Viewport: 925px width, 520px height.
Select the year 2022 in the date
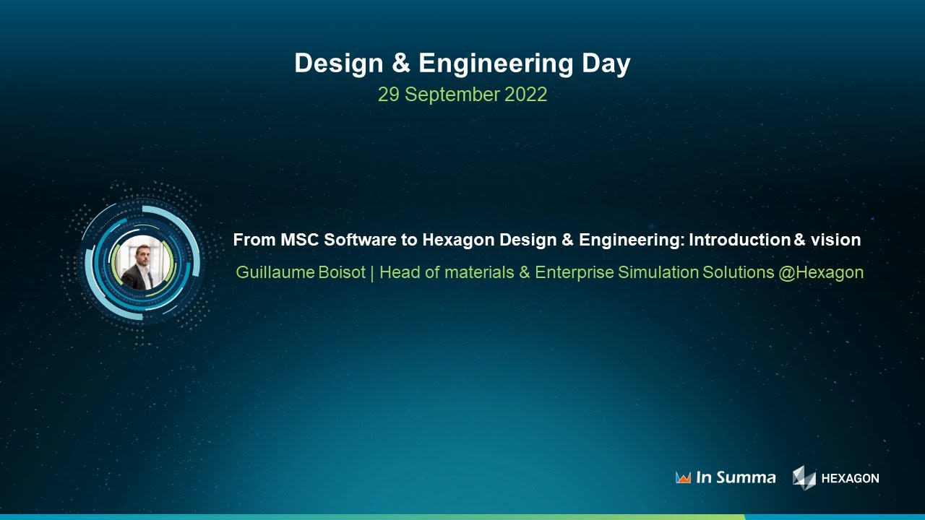point(525,95)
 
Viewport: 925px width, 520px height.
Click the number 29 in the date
point(389,95)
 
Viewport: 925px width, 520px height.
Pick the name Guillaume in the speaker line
point(275,273)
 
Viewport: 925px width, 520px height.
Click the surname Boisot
point(342,273)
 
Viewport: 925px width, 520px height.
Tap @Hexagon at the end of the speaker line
point(821,273)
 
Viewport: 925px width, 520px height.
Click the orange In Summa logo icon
point(683,477)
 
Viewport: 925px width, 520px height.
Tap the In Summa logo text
point(735,477)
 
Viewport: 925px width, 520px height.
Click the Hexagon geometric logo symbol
point(804,477)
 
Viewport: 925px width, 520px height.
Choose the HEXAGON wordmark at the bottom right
point(850,478)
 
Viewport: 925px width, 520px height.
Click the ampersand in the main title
point(401,64)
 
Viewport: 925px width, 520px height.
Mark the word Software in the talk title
point(353,240)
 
